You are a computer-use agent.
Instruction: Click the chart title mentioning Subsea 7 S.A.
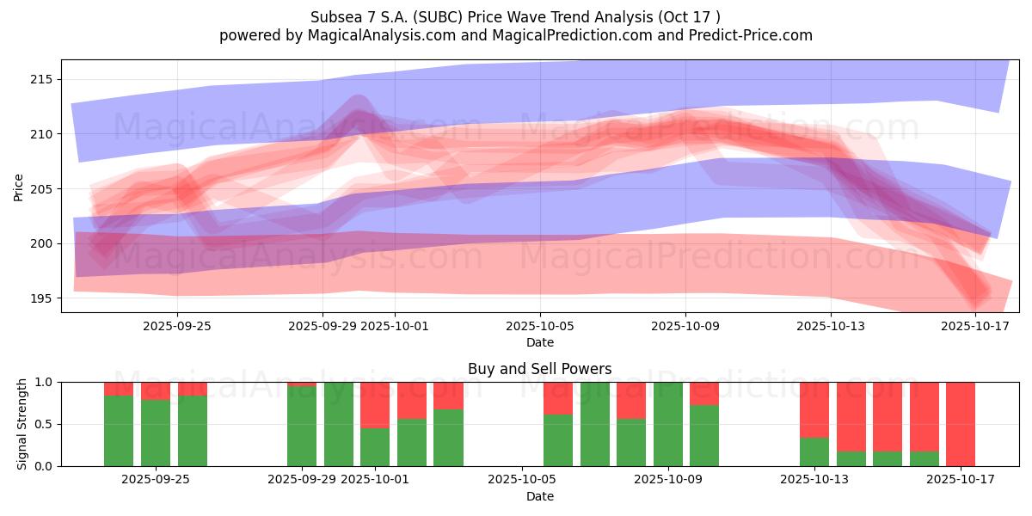pos(515,16)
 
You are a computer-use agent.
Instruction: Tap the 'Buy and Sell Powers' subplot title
pos(539,369)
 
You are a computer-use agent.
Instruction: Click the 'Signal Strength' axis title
pos(22,424)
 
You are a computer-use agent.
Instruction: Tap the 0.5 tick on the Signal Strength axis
pos(42,424)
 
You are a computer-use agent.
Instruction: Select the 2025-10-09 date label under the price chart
pos(685,326)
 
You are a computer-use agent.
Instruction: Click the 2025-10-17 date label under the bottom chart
pos(961,480)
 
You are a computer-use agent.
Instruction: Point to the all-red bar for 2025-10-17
pos(961,424)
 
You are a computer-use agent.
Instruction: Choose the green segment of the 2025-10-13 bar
pos(814,451)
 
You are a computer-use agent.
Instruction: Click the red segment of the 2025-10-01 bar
pos(375,404)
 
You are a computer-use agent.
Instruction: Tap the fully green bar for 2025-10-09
pos(668,424)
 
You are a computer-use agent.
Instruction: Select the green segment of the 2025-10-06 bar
pos(558,440)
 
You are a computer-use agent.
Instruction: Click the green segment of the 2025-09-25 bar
pos(193,431)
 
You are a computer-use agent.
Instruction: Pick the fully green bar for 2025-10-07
pos(595,424)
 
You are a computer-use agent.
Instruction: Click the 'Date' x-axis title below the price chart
pos(539,342)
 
